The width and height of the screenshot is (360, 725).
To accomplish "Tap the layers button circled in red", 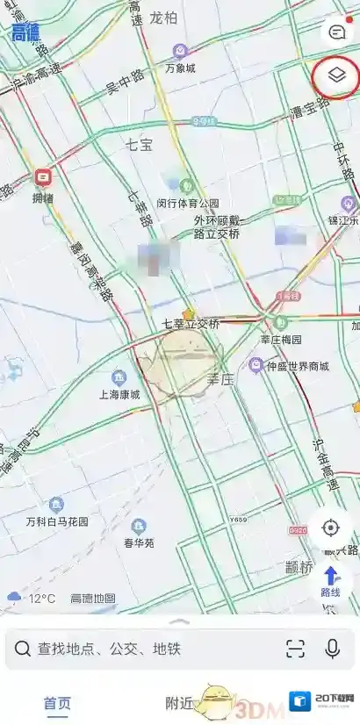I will [335, 75].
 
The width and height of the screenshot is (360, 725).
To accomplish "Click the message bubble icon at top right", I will [336, 32].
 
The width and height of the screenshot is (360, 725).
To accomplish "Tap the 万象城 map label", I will [180, 68].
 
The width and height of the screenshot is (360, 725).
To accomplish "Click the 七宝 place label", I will [139, 145].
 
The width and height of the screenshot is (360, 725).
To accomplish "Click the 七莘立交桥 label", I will [190, 323].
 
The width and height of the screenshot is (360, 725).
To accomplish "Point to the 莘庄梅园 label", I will [281, 339].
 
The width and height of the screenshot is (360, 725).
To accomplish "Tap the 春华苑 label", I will [139, 542].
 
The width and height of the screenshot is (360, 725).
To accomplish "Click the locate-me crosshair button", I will [331, 528].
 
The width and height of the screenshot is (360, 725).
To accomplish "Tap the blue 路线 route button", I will [331, 581].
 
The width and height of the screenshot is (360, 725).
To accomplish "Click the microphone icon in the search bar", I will [333, 649].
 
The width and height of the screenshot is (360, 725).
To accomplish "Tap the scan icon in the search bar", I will [295, 649].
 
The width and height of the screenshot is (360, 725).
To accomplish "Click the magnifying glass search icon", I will [22, 650].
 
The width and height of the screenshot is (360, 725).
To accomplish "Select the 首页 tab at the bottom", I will [58, 703].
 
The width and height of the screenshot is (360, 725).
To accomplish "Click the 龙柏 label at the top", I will [163, 18].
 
